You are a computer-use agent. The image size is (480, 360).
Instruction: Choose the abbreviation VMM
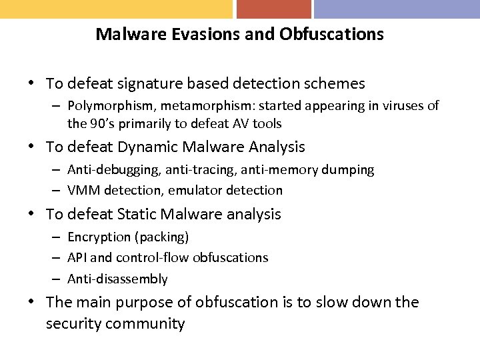(x=83, y=191)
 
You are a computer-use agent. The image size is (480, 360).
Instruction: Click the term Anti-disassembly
(x=117, y=279)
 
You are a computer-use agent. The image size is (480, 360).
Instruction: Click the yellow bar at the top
(x=116, y=9)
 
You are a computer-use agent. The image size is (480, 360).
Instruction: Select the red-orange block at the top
(x=273, y=9)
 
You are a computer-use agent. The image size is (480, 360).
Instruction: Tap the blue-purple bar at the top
(x=397, y=9)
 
